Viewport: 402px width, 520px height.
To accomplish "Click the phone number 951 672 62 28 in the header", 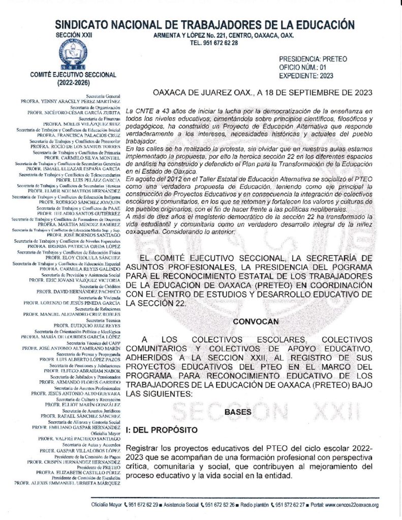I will [x=214, y=44].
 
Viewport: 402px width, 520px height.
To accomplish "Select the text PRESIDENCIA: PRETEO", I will [x=313, y=59].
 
